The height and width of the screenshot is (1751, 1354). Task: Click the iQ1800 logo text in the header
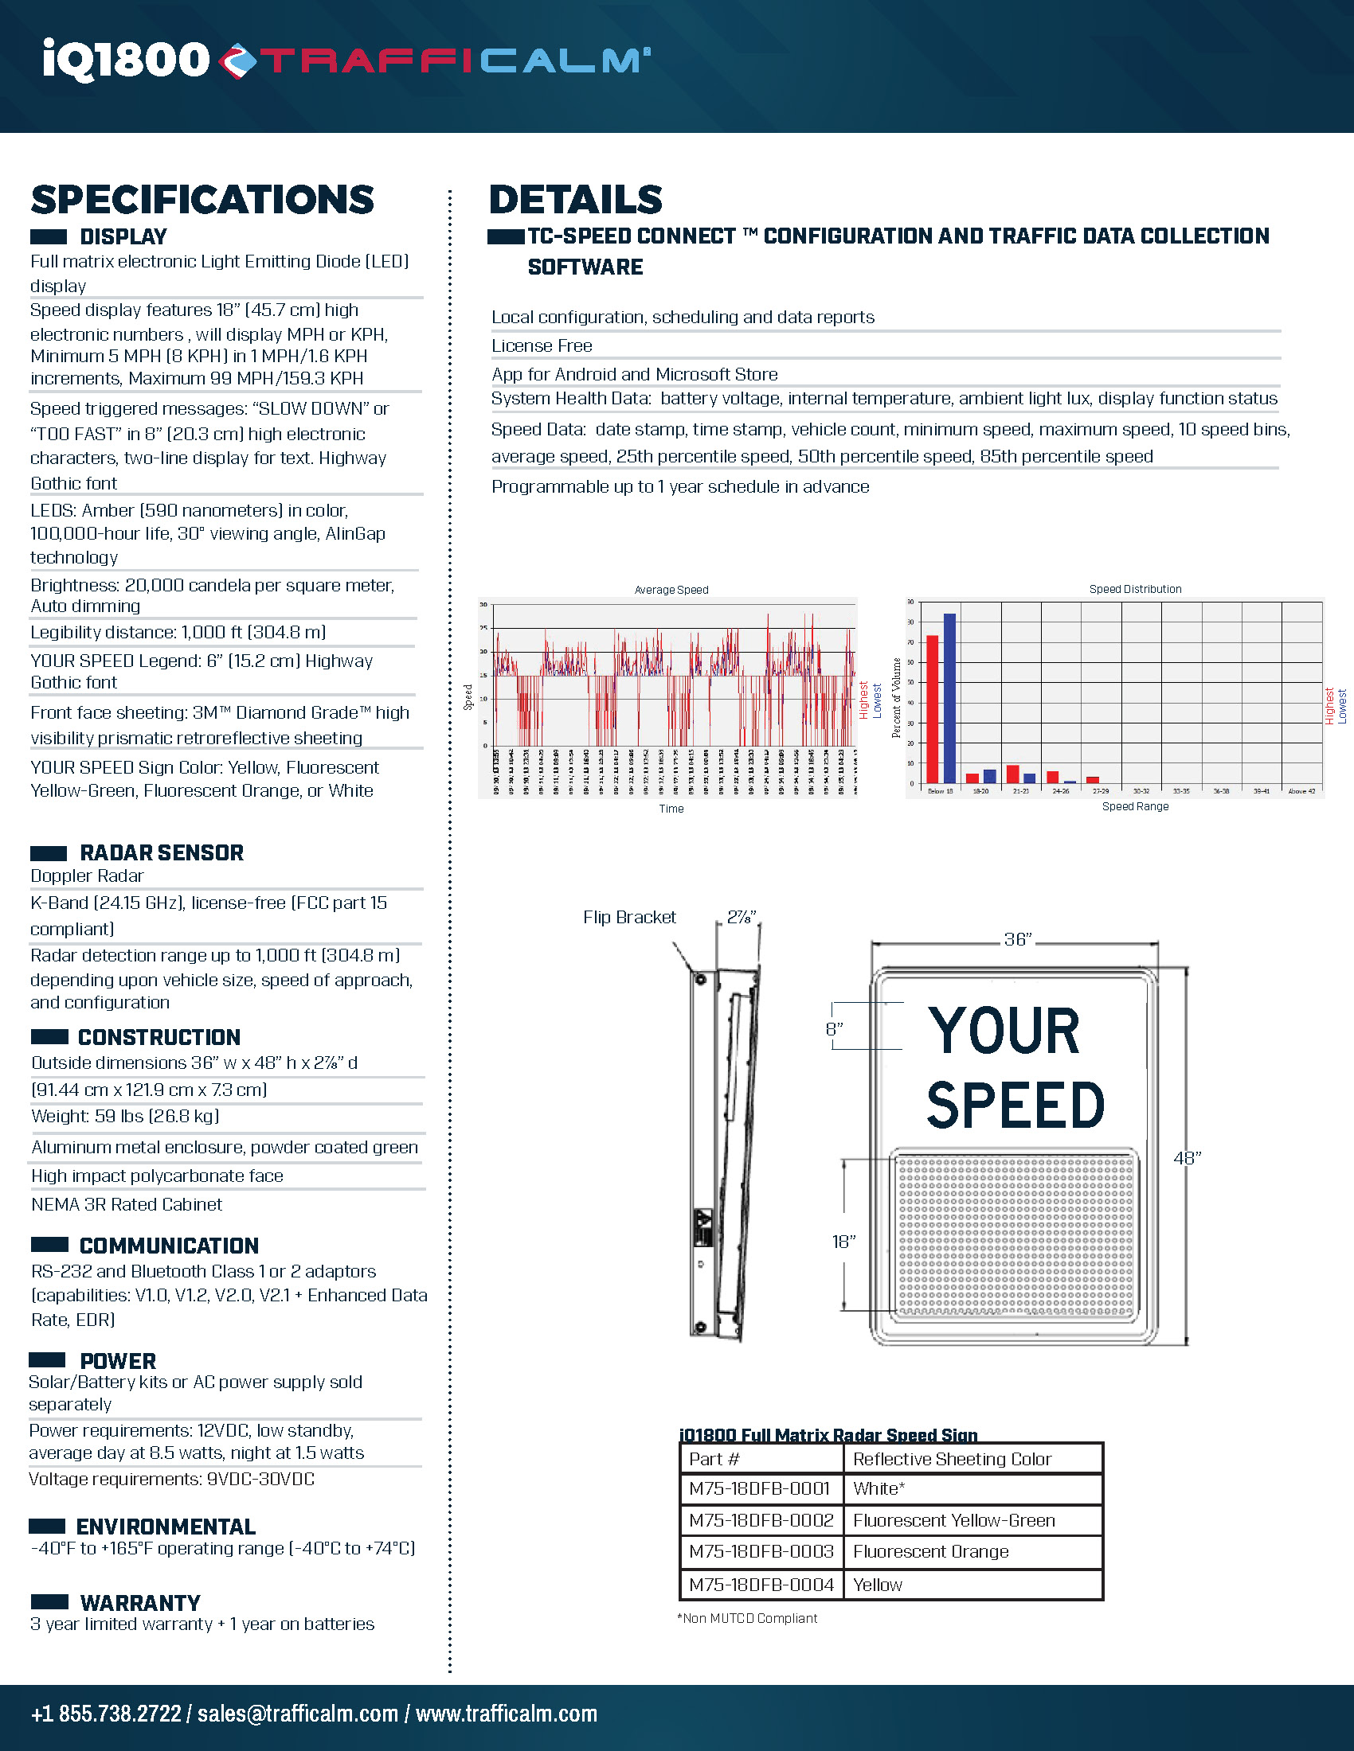tap(126, 60)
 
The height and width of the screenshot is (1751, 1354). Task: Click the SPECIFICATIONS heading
tap(202, 200)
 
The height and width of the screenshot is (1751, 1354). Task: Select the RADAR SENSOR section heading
tap(161, 852)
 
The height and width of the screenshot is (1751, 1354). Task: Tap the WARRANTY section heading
tap(140, 1603)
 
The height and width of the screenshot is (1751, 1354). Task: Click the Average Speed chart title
tap(671, 589)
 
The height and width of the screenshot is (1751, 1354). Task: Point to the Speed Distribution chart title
tap(1134, 588)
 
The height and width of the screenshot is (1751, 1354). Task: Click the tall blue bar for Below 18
tap(949, 697)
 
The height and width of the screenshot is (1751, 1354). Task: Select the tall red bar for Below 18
tap(932, 708)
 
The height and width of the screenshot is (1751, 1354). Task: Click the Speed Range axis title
tap(1134, 805)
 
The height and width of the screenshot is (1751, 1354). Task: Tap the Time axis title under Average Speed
tap(671, 808)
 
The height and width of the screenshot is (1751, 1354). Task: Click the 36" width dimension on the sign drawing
tap(1017, 939)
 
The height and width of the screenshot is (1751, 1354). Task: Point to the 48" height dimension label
tap(1187, 1158)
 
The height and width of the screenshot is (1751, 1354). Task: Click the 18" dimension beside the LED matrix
tap(843, 1241)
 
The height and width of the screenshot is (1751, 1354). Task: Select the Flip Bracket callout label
tap(629, 917)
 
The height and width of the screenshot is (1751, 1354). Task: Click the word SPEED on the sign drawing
tap(1015, 1105)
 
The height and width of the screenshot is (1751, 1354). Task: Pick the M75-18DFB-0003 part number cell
tap(761, 1551)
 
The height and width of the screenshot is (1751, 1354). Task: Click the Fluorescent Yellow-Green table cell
tap(953, 1520)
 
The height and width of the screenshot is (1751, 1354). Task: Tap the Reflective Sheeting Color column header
tap(952, 1459)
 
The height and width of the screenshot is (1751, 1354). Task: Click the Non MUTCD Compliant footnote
tap(748, 1618)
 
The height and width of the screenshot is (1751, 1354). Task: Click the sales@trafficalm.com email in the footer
tap(298, 1714)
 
